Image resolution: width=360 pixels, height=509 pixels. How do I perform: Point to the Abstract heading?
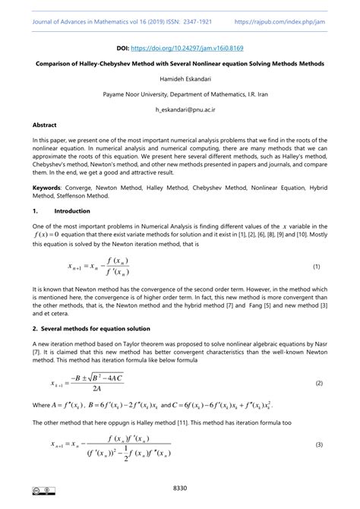44,124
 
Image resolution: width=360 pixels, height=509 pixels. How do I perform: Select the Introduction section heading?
72,210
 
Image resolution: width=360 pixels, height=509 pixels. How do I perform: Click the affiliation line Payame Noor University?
179,95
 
